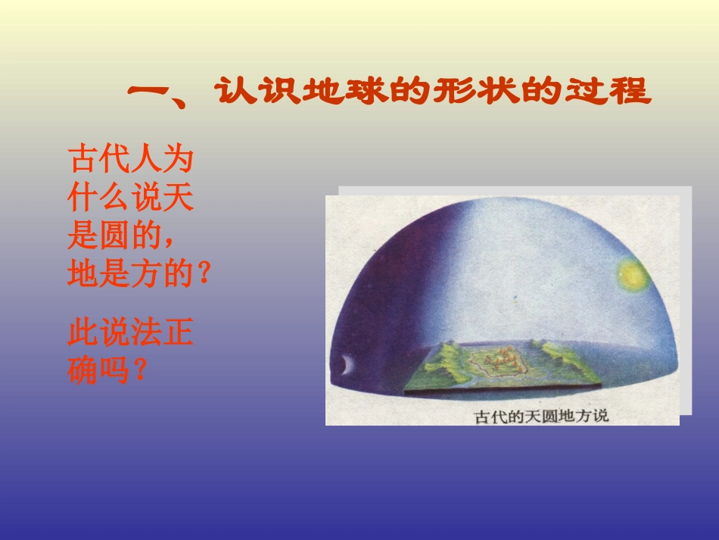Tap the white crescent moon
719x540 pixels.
pos(347,365)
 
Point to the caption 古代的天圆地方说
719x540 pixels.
pos(540,416)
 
